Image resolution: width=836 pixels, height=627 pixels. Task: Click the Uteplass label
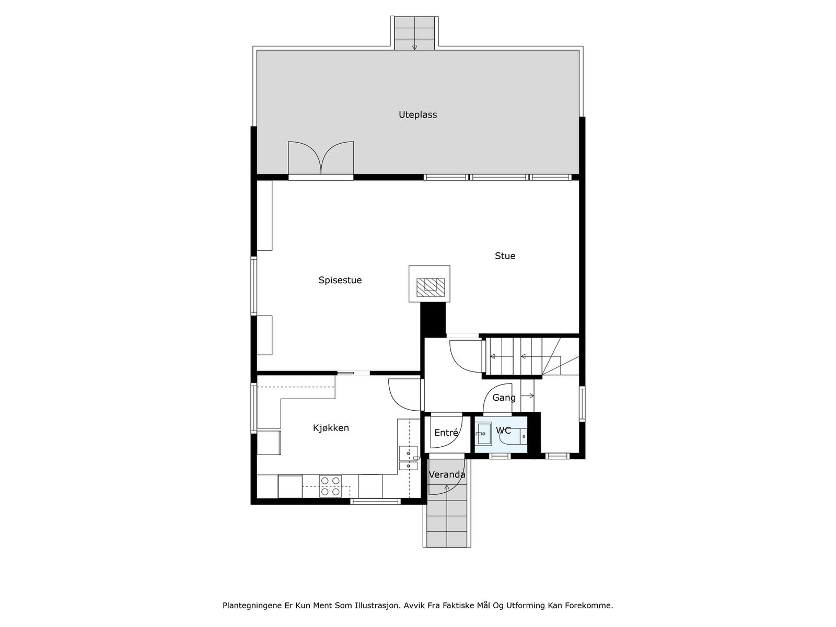coord(417,115)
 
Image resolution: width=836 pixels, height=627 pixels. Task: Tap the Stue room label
coord(505,256)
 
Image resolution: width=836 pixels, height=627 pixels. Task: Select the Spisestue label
coord(340,281)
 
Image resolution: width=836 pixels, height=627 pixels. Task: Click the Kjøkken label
coord(331,428)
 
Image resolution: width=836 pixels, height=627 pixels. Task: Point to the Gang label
coord(504,398)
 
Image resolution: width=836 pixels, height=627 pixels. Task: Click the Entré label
coord(446,433)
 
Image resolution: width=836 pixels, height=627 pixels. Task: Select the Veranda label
coord(447,475)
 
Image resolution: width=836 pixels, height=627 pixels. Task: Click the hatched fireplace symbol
coord(430,285)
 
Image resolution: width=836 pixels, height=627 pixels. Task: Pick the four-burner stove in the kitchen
coord(330,486)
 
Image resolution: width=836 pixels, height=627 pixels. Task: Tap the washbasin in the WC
coord(483,434)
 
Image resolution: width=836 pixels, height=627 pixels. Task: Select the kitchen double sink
coord(408,459)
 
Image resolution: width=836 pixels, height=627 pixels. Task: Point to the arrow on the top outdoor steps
coord(414,46)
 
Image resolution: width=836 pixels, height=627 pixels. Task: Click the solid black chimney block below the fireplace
coord(433,319)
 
